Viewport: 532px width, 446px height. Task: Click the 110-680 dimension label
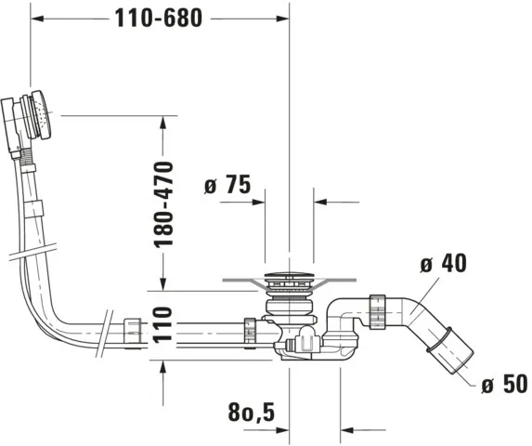pos(158,17)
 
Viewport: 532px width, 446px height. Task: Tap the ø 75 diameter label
pos(227,185)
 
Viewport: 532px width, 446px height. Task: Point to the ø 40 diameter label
pos(442,264)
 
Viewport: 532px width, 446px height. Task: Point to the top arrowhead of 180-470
pos(164,122)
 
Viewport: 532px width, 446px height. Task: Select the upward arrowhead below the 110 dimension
pos(164,367)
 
